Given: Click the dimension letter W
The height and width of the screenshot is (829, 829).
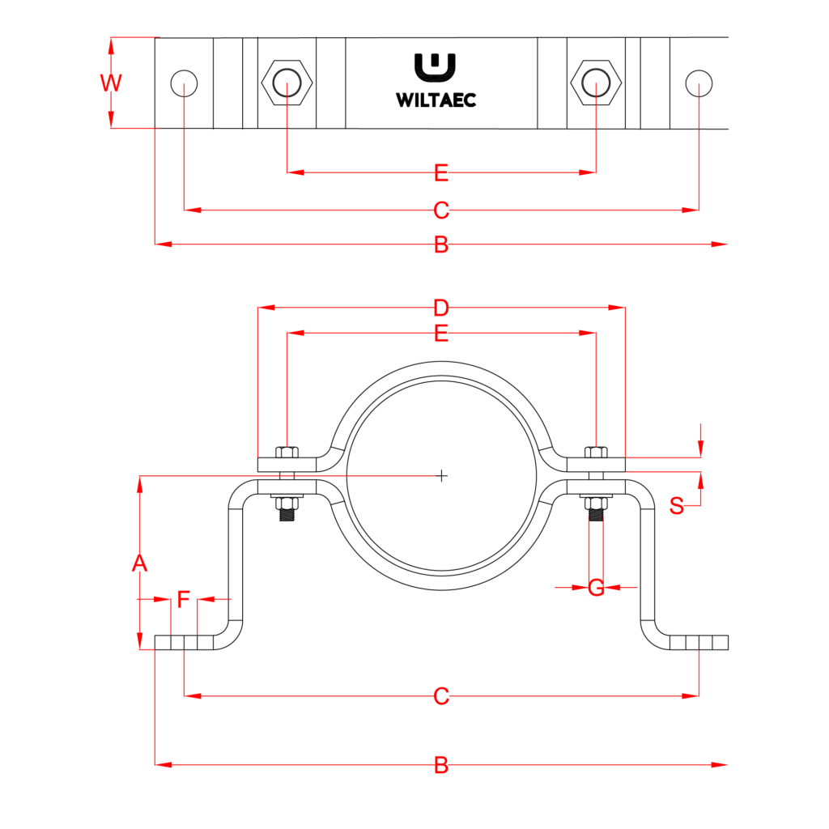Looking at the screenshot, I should pos(111,83).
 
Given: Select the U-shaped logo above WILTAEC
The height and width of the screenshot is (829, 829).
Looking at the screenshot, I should pos(435,68).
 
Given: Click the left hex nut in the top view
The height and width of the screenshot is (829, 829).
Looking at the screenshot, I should pos(287,83).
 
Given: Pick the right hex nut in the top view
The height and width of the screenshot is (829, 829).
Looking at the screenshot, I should pos(596,83).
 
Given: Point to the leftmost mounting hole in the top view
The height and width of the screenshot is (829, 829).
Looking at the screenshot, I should pos(185,83).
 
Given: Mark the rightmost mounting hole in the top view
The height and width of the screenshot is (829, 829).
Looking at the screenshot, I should pos(699,83).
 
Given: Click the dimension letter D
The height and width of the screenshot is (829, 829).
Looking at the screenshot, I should pos(440,308).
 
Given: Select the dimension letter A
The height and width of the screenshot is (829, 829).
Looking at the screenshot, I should pos(140,563).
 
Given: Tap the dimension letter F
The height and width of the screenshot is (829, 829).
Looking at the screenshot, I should pos(184,600).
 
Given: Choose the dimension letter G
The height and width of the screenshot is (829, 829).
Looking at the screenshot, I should pos(596,588).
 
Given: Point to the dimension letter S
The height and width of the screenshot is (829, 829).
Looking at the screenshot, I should pos(677,507).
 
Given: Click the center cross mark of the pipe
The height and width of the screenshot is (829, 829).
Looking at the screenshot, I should pos(441,475).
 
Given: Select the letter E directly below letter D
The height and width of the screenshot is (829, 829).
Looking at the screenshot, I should pos(440,333).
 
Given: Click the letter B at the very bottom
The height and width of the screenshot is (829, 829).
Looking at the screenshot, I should pos(440,765).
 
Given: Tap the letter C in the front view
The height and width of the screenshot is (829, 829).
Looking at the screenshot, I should pos(440,695).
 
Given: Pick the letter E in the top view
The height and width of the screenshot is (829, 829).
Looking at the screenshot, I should pos(440,172).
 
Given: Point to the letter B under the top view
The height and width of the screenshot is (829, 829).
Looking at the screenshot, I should pos(440,244).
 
